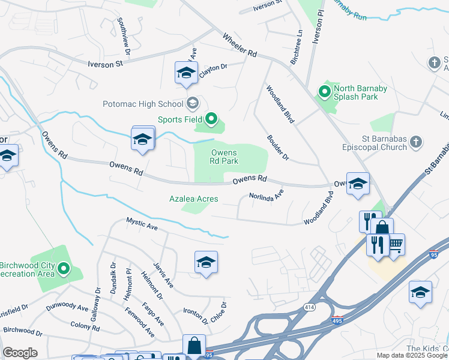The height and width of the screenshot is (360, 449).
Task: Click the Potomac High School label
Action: tap(140, 104)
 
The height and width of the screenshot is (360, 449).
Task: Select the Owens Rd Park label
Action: tap(224, 157)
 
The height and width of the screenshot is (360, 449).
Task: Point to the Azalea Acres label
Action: tap(193, 199)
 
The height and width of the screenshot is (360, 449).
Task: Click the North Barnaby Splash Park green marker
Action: tap(325, 92)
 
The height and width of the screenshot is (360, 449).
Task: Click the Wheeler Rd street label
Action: tap(240, 46)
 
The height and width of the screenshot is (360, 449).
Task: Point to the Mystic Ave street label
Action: tap(142, 224)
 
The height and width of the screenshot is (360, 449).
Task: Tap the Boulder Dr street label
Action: tap(278, 148)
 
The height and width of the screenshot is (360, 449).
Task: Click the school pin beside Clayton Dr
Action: tap(186, 73)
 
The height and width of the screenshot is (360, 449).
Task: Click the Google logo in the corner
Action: tap(20, 353)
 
